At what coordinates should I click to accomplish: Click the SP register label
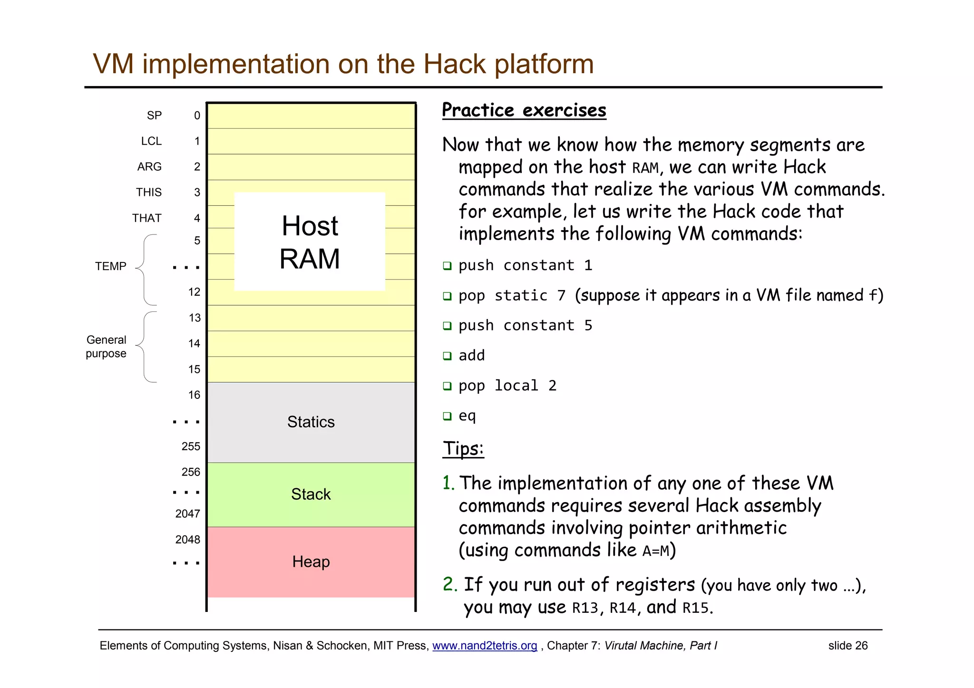tap(154, 116)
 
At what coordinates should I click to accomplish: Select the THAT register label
tap(146, 218)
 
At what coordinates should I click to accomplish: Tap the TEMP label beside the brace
tap(110, 266)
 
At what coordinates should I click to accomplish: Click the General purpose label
tap(106, 347)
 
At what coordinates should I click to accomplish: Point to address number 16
tap(194, 395)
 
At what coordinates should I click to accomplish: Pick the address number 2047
tap(187, 514)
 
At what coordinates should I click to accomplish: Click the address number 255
tap(191, 446)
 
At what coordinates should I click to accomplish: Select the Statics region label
tap(311, 422)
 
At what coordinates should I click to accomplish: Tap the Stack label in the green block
tap(311, 494)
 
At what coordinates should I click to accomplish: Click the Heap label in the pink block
tap(311, 562)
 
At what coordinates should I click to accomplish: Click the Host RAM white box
tap(310, 242)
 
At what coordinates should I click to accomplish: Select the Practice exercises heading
tap(524, 110)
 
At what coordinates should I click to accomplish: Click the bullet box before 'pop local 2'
tap(447, 386)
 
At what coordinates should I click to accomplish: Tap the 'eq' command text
tap(467, 416)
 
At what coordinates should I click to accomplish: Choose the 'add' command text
tap(471, 356)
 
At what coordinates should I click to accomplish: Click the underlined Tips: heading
tap(463, 448)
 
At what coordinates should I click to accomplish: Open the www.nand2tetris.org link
tap(484, 646)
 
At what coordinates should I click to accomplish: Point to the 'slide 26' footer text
tap(847, 646)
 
